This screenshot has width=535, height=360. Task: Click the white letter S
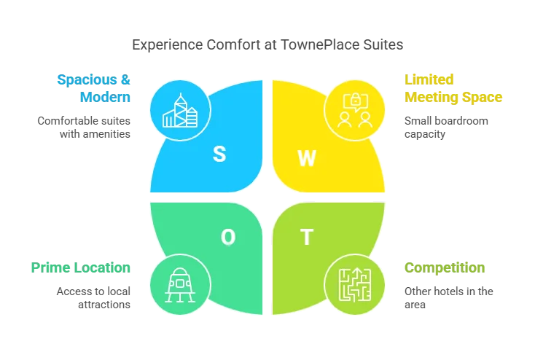(219, 153)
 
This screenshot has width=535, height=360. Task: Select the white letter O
(228, 237)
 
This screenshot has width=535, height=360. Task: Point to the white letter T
(307, 237)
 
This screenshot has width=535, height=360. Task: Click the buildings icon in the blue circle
(180, 111)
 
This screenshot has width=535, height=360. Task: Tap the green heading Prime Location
(82, 267)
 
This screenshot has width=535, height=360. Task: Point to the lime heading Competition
(445, 267)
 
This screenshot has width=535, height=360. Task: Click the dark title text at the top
(267, 45)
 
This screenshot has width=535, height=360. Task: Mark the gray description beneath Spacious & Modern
(85, 128)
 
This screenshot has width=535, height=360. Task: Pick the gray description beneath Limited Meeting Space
(445, 128)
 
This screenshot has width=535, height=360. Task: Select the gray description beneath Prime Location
(93, 297)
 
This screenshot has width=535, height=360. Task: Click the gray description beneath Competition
(448, 297)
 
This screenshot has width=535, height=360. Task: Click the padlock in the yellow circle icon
(355, 101)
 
